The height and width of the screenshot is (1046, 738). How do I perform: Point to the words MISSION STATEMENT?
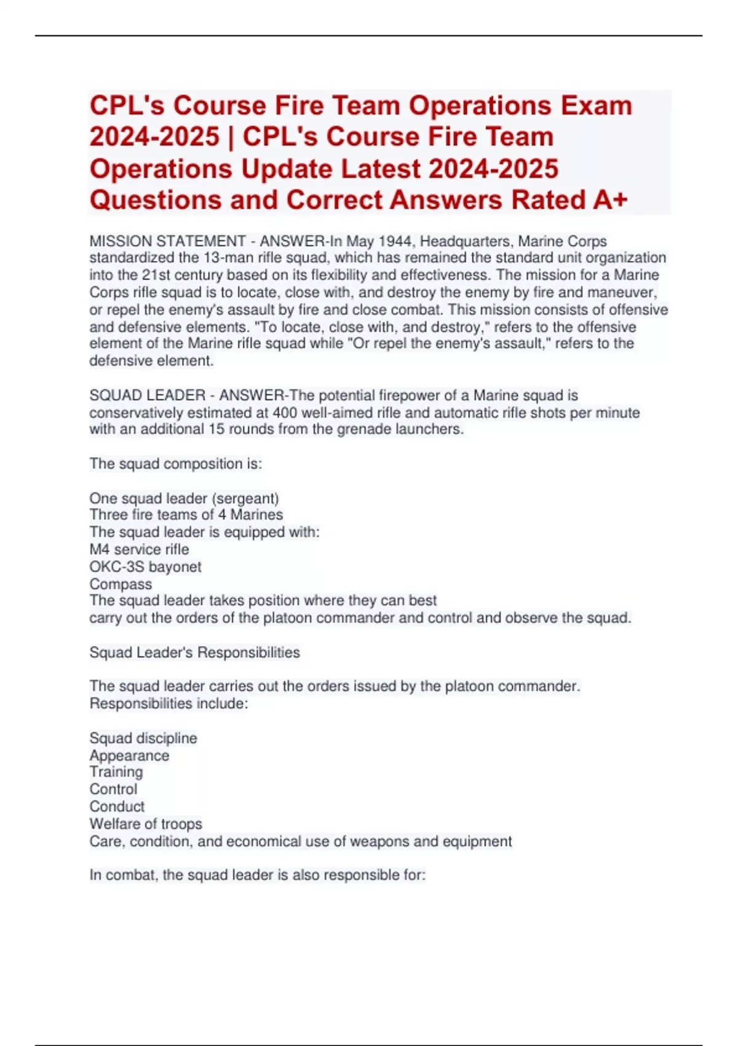pos(167,241)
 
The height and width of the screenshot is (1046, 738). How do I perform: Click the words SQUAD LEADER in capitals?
pos(148,395)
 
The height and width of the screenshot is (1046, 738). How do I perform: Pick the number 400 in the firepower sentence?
pos(285,412)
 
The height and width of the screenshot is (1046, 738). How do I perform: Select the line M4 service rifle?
pos(139,549)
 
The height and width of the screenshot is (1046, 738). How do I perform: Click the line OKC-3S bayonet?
pos(145,567)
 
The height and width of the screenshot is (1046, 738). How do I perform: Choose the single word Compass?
pos(121,584)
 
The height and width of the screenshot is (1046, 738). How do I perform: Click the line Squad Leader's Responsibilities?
pos(194,652)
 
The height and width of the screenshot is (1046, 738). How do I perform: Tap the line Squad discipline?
pos(143,738)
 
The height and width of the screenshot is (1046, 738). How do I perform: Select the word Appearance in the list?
pos(129,755)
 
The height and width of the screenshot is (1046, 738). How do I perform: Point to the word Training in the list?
pos(116,772)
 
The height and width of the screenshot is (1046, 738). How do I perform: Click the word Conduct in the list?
pos(117,807)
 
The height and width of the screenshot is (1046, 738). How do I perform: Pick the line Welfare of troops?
pos(146,824)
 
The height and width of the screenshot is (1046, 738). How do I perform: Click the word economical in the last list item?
pos(263,841)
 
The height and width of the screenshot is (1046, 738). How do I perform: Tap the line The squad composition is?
pos(175,464)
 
